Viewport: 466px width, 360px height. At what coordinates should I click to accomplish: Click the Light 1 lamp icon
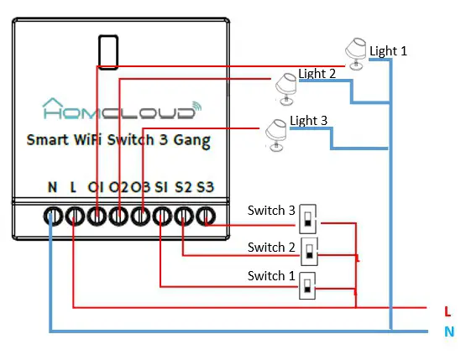tap(357, 53)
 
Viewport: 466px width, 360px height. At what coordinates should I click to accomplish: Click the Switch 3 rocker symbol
tap(309, 221)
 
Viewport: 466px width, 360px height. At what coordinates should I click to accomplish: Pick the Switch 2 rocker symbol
tap(311, 251)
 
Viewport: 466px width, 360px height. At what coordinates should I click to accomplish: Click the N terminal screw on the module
tap(52, 217)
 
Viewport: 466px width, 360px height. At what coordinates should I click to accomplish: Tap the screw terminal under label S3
tap(206, 217)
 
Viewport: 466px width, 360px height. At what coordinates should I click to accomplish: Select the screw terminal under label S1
tap(161, 217)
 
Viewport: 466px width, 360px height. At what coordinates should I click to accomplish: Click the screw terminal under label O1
tap(97, 217)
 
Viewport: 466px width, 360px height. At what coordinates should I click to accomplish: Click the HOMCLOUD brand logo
tap(122, 109)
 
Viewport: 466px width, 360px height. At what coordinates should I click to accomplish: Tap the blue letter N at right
tap(448, 331)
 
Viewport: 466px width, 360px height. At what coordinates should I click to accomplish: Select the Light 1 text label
tap(388, 51)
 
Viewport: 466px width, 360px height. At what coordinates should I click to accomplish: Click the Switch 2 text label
tap(272, 247)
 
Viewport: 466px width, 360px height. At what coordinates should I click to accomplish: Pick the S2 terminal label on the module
tap(184, 185)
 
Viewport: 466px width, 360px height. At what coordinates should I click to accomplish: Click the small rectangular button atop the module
tap(107, 51)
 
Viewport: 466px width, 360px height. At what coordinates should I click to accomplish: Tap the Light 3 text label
tap(309, 121)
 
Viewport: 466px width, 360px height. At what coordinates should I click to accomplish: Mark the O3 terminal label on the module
tap(140, 185)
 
